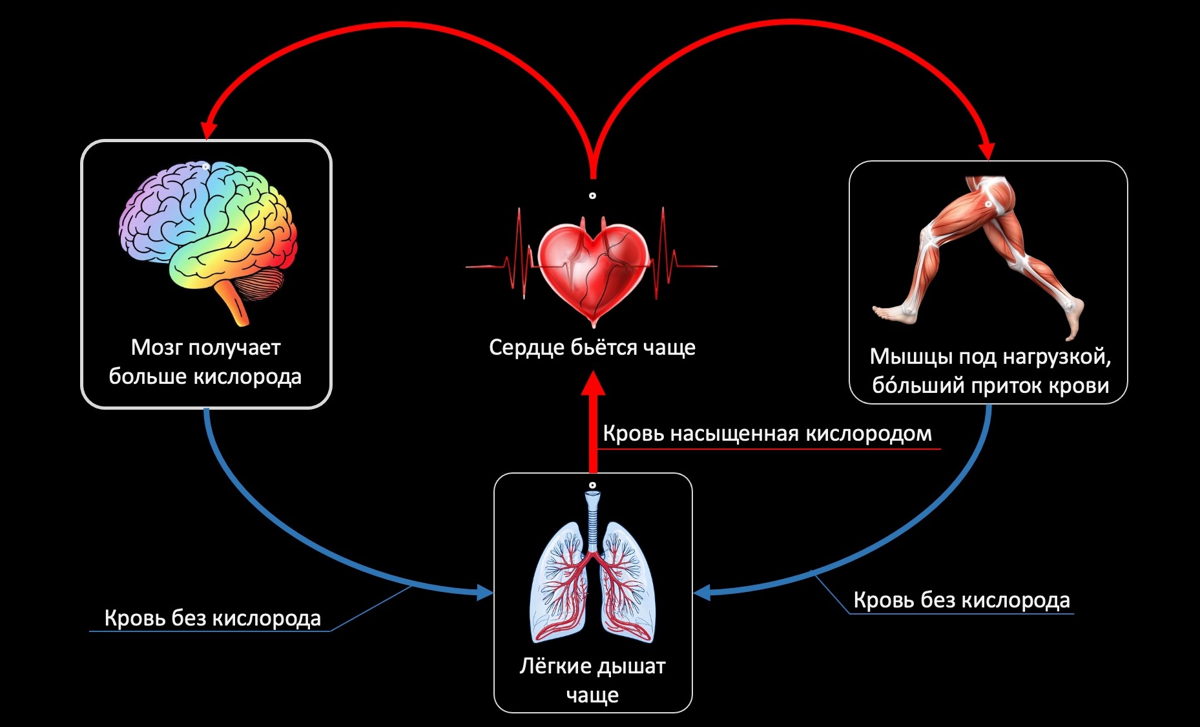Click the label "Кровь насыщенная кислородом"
(767, 434)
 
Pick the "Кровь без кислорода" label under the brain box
(212, 618)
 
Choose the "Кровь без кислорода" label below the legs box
(962, 600)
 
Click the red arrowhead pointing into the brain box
(207, 131)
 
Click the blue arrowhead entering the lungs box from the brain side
(484, 591)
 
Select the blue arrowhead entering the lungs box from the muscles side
(703, 591)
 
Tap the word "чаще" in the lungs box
(592, 695)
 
